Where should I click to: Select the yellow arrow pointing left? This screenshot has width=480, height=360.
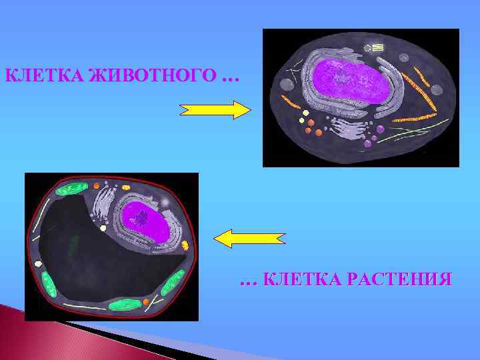tap(249, 238)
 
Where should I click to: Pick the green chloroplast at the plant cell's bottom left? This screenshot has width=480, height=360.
tap(49, 283)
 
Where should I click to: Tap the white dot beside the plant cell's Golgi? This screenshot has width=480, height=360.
tap(103, 228)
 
